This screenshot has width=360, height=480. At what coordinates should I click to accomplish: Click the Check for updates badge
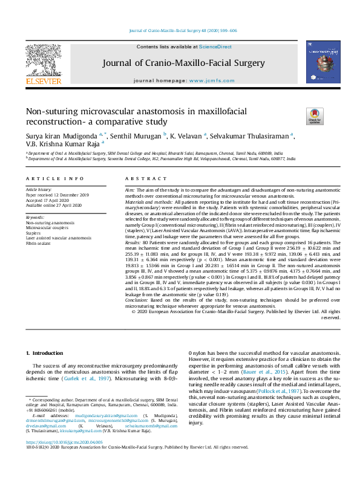tap(315, 115)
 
